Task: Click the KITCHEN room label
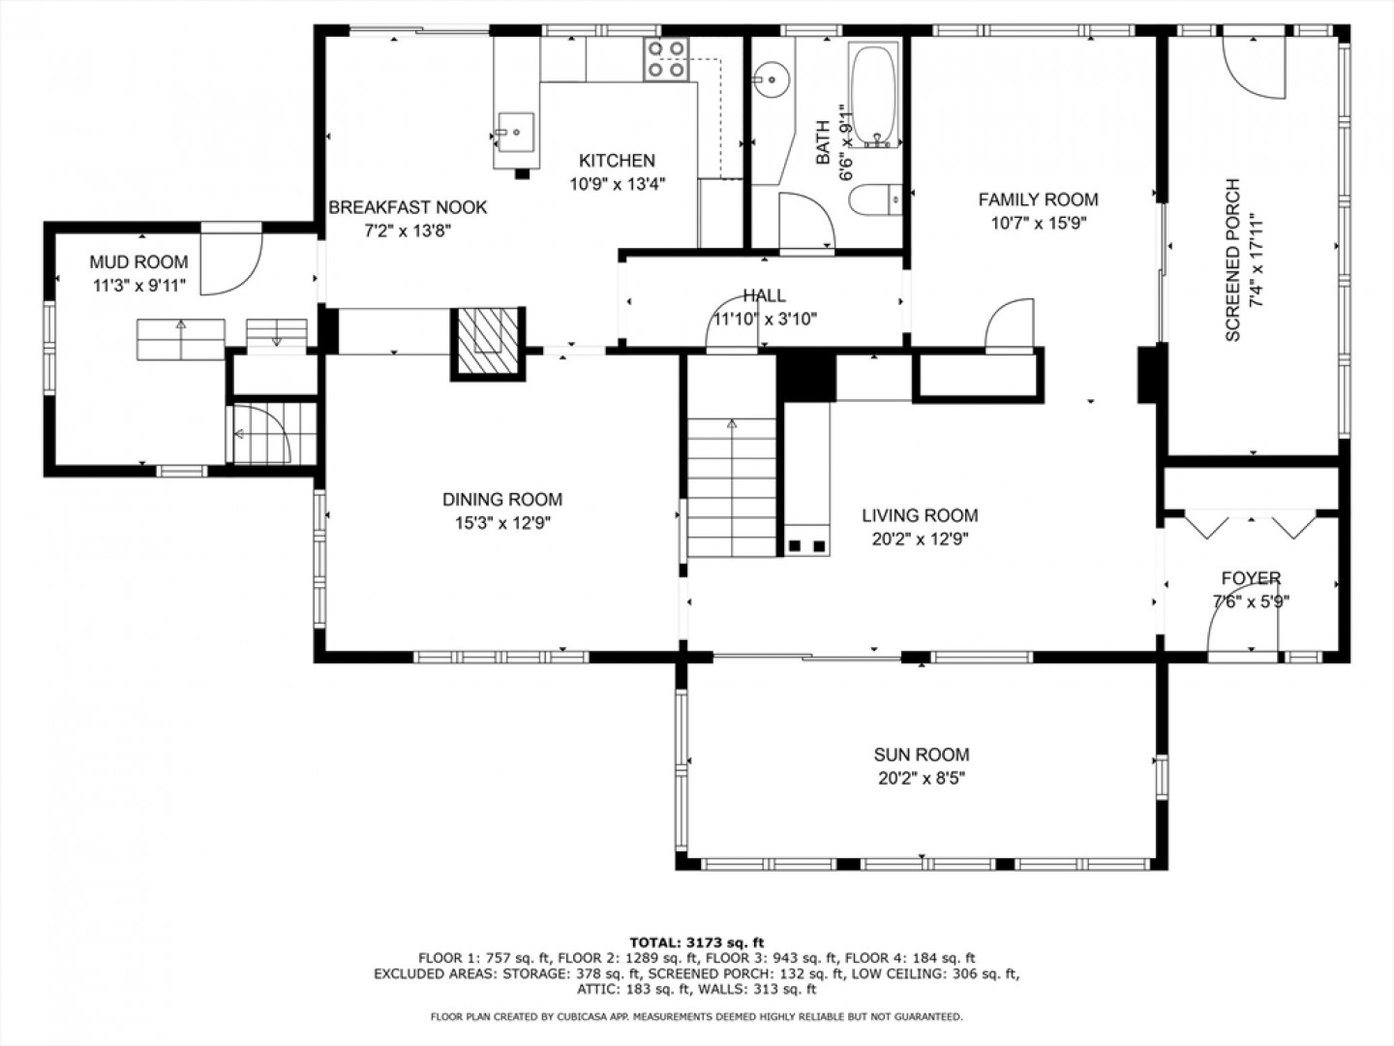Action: (617, 160)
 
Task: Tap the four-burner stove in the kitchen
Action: (666, 59)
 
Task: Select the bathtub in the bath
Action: (874, 95)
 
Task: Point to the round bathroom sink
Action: (772, 79)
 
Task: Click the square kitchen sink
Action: (516, 132)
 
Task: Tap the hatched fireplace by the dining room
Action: (488, 344)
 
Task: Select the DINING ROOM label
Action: (502, 500)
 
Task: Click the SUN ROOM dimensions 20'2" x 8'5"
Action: (922, 779)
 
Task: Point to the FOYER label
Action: (1251, 578)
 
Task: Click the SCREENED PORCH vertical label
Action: (1232, 260)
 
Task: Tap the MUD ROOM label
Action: (138, 261)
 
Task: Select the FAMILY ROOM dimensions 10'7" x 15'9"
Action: (1039, 224)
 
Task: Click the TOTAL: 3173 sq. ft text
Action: (697, 942)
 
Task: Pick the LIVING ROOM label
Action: (920, 515)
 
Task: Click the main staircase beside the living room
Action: (732, 488)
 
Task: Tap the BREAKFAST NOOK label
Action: (408, 207)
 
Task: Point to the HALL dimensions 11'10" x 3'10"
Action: (765, 319)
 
